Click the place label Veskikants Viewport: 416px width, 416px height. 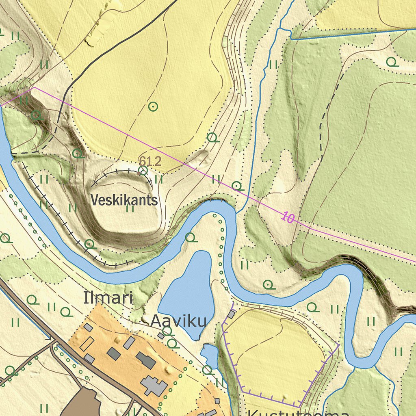coord(124,200)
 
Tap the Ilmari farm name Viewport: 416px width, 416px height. coord(108,298)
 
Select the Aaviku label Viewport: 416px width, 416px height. coord(178,321)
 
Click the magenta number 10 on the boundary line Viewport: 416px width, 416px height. coord(287,218)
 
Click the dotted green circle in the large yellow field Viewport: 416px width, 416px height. coord(153,106)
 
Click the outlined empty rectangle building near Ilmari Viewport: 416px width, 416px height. coord(87,344)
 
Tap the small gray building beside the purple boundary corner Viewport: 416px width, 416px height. coord(231,314)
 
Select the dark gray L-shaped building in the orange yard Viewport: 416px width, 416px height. coord(146,360)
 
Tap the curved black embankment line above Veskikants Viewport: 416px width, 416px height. coord(122,172)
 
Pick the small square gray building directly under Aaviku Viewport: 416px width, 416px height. coord(161,336)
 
